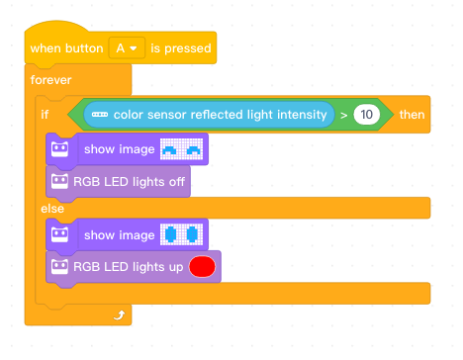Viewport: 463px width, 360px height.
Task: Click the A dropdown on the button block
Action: [x=127, y=48]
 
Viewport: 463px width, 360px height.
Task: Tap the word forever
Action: [x=50, y=80]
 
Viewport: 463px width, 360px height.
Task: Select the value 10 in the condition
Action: [x=366, y=115]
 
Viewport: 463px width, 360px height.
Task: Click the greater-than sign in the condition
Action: [x=343, y=115]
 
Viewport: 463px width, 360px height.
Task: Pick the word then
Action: [x=412, y=115]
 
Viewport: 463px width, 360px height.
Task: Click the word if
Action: [x=45, y=115]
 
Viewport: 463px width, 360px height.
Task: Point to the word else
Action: [x=52, y=209]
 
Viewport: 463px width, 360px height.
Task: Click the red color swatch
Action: [x=202, y=267]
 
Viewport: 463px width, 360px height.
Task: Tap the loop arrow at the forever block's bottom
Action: [x=119, y=315]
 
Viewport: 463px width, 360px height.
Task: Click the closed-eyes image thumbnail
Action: [x=181, y=149]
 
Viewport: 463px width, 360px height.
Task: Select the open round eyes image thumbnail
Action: [x=181, y=234]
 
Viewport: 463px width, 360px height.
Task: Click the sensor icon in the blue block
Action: [x=100, y=115]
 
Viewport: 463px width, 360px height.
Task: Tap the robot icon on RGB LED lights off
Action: [x=59, y=181]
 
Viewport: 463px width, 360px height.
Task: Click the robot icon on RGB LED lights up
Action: [x=59, y=266]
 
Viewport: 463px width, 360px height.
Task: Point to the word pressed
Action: [x=188, y=48]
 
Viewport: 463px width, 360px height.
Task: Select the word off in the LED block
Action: [x=177, y=181]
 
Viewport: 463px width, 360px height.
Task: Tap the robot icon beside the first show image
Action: [x=59, y=149]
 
